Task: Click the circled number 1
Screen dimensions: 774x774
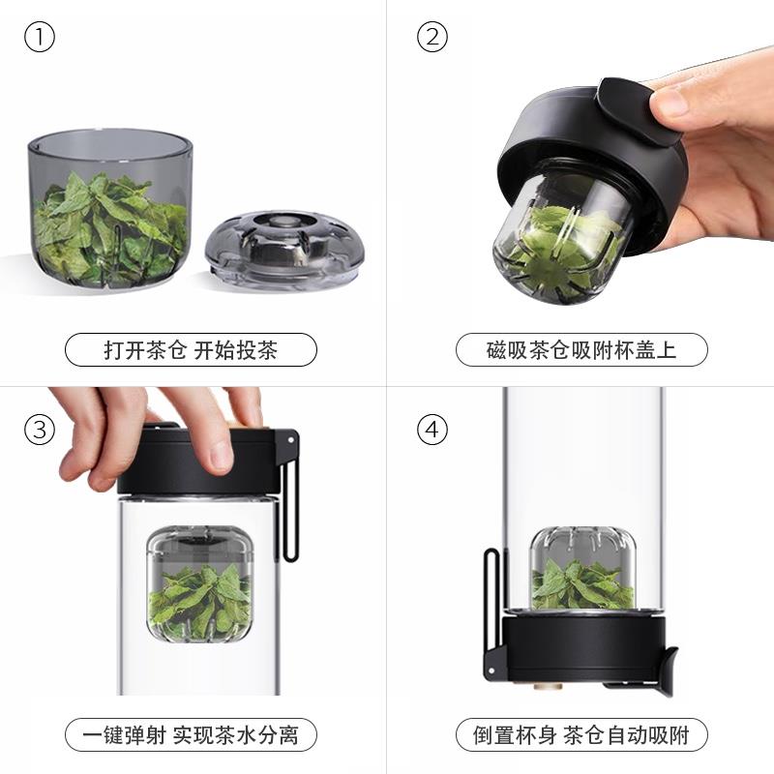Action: tap(40, 38)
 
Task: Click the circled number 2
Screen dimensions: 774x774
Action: tap(432, 38)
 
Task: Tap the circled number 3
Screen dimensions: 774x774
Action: tap(40, 430)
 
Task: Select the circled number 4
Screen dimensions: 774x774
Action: tap(432, 430)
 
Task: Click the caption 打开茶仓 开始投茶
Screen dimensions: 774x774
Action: tap(191, 350)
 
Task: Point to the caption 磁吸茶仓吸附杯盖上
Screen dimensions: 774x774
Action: tap(581, 350)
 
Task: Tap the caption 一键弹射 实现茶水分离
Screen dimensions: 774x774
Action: tap(191, 735)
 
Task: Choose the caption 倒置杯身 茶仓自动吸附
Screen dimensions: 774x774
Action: tap(581, 735)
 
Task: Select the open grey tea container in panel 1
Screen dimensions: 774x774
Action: tap(109, 208)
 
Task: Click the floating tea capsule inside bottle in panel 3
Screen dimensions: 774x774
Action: tap(200, 586)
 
